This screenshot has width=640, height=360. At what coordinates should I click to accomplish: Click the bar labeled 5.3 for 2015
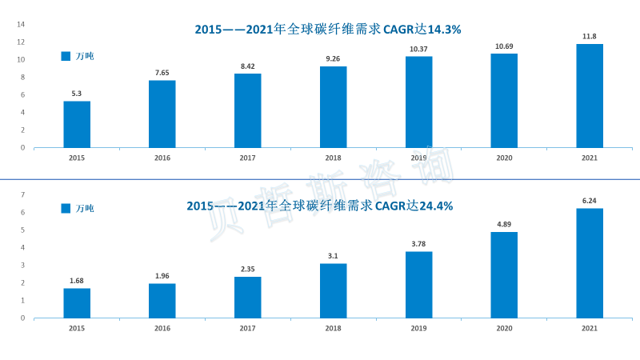click(77, 124)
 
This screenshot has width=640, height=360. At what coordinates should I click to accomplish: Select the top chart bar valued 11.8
click(590, 96)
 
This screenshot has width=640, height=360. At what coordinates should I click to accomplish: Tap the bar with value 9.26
click(334, 107)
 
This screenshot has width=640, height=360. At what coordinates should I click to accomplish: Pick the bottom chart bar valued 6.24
click(590, 262)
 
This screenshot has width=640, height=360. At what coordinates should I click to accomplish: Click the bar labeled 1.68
click(77, 302)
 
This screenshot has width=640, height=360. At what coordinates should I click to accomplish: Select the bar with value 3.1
click(334, 290)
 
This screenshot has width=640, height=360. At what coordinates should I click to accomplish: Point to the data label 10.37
click(418, 49)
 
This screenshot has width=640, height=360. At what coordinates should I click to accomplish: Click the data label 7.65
click(162, 73)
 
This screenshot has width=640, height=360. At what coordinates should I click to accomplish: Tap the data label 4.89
click(504, 225)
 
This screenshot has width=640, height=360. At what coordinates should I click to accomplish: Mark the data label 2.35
click(248, 270)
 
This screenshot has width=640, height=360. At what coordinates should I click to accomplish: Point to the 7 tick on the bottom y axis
click(22, 194)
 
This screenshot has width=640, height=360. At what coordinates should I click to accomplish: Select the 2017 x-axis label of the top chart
click(248, 158)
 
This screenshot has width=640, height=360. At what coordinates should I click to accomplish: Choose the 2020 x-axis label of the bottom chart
click(504, 328)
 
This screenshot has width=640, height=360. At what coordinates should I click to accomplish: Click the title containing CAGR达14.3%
click(328, 30)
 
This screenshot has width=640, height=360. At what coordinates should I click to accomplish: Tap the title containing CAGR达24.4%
click(320, 206)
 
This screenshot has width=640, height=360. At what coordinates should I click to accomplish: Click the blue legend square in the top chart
click(66, 56)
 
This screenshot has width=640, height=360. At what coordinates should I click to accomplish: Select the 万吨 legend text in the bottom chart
click(85, 209)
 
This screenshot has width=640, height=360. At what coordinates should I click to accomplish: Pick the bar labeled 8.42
click(248, 110)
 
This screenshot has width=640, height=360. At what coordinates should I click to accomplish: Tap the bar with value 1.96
click(162, 300)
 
